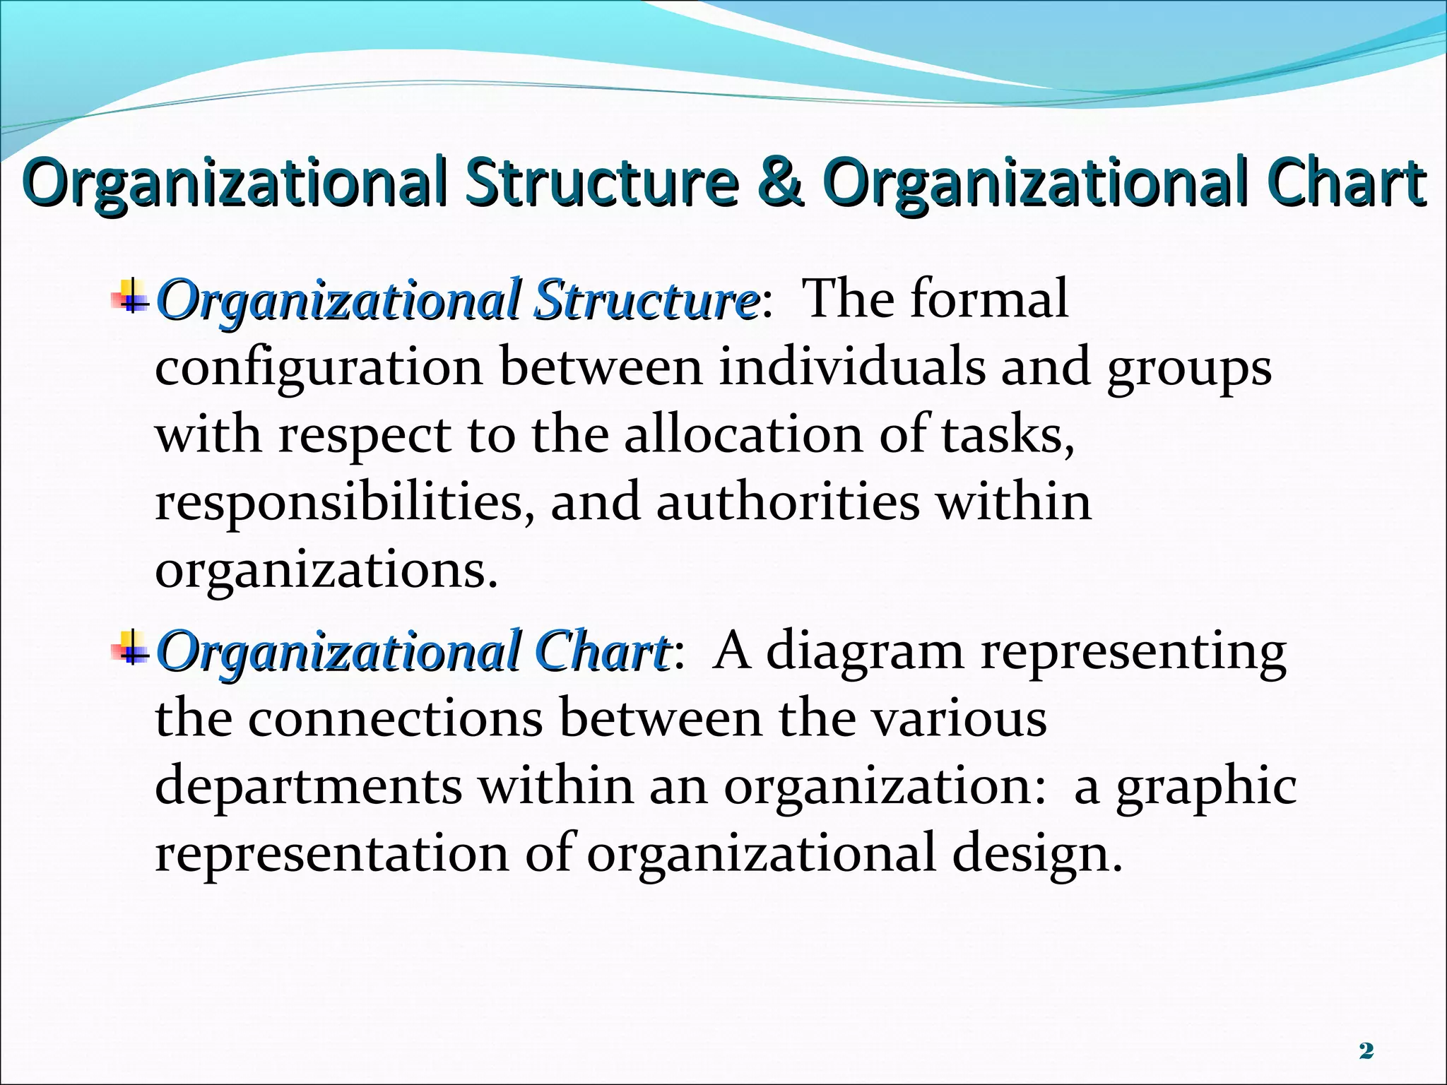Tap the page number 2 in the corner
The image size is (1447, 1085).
click(x=1366, y=1051)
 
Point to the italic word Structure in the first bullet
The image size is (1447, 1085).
click(x=645, y=300)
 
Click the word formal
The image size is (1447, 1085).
click(x=988, y=298)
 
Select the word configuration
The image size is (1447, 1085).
click(x=319, y=369)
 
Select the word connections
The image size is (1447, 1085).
click(x=396, y=718)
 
